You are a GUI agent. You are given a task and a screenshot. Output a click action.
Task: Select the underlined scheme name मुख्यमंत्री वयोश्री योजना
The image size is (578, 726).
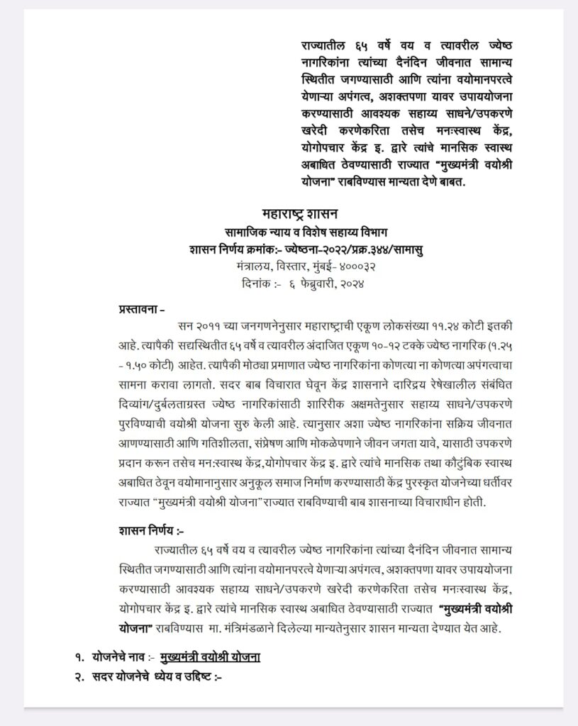[210, 658]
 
